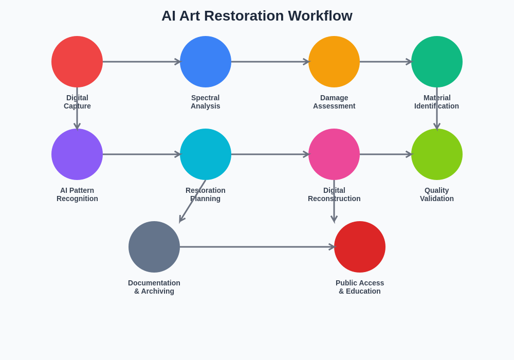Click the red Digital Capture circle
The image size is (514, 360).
click(77, 62)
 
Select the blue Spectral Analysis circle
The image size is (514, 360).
click(206, 62)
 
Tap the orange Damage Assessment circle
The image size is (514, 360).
click(334, 62)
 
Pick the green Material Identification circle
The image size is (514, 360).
click(437, 62)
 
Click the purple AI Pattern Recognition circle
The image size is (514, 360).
click(77, 154)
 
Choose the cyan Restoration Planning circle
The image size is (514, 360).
click(206, 154)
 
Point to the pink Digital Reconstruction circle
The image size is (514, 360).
click(334, 154)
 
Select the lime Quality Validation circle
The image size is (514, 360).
click(437, 154)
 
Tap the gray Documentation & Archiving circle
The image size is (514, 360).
click(154, 247)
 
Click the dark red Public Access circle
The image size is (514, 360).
click(360, 247)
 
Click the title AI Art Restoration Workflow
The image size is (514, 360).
click(257, 16)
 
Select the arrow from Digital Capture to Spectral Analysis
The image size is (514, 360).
click(141, 62)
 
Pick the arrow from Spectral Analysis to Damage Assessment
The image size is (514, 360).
click(270, 62)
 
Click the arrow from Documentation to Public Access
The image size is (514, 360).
click(257, 247)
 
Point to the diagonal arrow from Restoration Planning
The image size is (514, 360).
click(193, 201)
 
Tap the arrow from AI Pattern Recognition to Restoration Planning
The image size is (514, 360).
click(141, 154)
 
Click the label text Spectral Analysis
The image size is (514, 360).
click(206, 102)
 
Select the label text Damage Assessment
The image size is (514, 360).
click(334, 102)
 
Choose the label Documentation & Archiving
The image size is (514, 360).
click(154, 287)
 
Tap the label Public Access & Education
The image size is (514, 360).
click(360, 287)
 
